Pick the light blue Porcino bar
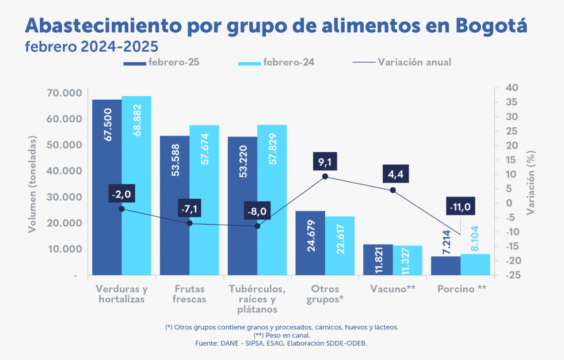475,264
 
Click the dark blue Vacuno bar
378,260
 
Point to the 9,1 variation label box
325,162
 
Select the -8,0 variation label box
257,211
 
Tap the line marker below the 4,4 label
393,190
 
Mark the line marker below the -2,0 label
121,209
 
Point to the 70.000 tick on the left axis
62,93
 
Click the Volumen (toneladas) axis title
33,184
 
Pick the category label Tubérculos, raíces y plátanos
257,299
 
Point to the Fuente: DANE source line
281,343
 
